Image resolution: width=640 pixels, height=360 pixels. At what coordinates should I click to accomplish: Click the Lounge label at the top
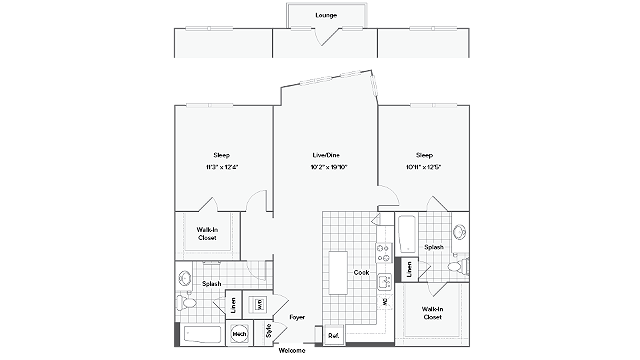pos(325,16)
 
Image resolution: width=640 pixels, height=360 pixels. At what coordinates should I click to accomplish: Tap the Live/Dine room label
pos(326,155)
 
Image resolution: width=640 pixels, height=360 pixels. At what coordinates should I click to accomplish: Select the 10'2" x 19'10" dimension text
pos(326,167)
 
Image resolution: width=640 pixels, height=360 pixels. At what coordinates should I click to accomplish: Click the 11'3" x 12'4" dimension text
pos(222,167)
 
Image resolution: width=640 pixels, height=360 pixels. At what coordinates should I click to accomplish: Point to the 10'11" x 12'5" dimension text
pos(425,167)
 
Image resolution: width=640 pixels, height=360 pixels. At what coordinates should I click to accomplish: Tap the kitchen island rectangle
pos(338,270)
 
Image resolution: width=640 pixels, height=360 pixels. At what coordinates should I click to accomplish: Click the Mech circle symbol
pos(241,334)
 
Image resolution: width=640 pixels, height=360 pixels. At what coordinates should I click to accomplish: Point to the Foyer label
pos(297,317)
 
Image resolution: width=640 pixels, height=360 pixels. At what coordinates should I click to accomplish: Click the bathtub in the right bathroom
pos(407,236)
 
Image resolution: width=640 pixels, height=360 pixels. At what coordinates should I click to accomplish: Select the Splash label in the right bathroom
pos(434,246)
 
